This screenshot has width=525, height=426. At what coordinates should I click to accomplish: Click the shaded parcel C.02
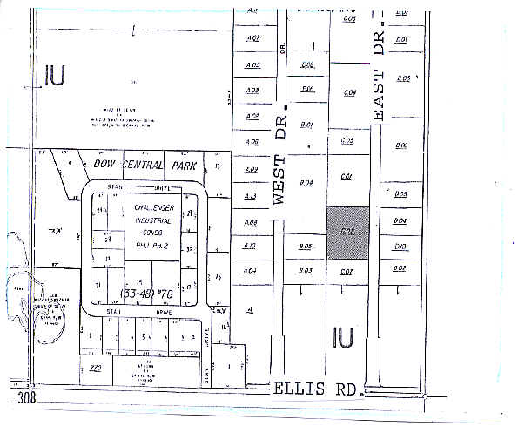click(x=347, y=232)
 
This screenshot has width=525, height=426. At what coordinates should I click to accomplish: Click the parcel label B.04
click(x=306, y=183)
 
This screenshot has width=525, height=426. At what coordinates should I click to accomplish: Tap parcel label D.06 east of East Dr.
click(x=401, y=145)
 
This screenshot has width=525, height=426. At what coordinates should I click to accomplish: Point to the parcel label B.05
click(x=306, y=247)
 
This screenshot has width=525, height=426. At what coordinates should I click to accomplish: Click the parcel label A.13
click(x=251, y=197)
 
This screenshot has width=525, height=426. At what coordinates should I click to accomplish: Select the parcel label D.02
click(x=400, y=267)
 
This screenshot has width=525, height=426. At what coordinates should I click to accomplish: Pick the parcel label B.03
click(x=306, y=271)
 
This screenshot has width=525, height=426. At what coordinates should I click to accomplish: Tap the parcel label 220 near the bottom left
click(x=96, y=369)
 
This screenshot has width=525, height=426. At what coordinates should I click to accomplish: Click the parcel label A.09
click(x=252, y=170)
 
